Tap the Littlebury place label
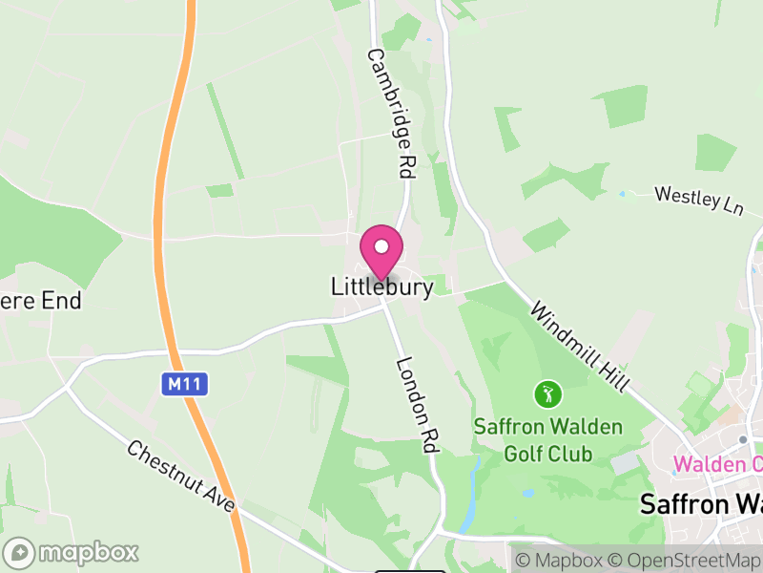click(x=381, y=286)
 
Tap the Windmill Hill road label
click(x=580, y=346)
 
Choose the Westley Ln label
click(x=698, y=201)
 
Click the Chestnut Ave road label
click(x=181, y=476)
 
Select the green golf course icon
click(x=547, y=393)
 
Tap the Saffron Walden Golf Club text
click(x=547, y=439)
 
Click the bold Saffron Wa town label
click(x=700, y=503)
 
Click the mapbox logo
click(x=72, y=552)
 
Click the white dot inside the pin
click(x=381, y=245)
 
